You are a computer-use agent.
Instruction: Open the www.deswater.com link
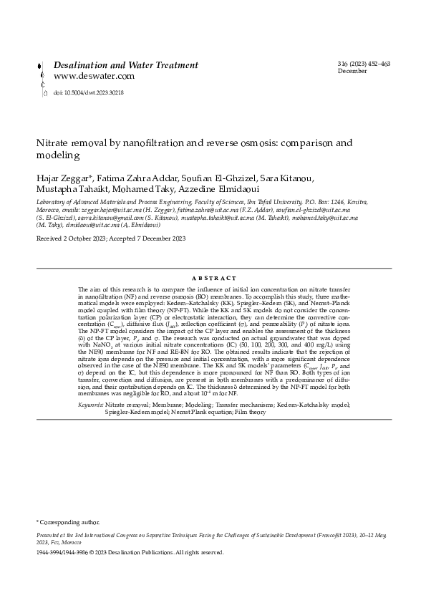click(x=94, y=76)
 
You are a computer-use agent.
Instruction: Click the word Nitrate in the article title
click(x=54, y=143)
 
